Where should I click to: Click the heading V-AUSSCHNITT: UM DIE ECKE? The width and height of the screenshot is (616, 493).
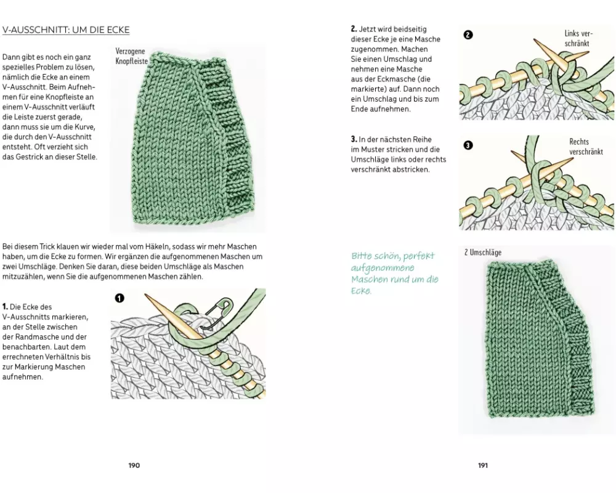[66, 30]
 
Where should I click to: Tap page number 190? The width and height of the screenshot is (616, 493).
[134, 465]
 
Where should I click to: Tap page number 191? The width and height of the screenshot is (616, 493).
[482, 465]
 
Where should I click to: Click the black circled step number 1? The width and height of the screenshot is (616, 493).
[120, 298]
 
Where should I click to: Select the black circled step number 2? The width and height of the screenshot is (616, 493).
[468, 35]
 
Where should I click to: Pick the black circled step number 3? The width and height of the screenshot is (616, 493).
[468, 145]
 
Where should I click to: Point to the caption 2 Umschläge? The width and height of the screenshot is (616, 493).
[483, 252]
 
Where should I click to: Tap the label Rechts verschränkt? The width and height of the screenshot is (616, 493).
[586, 147]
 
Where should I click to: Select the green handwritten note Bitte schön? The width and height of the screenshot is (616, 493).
[394, 273]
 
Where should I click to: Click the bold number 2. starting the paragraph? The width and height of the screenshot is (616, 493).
[354, 29]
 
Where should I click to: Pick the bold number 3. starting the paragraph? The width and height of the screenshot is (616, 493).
[354, 139]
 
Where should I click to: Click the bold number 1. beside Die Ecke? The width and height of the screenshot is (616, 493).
[5, 306]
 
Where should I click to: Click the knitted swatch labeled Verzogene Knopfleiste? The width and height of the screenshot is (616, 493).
[194, 139]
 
